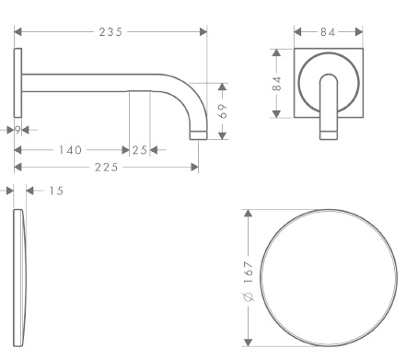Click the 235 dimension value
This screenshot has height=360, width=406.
click(x=110, y=32)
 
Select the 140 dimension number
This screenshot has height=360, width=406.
click(x=70, y=150)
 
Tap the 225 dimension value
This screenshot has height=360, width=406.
click(x=106, y=168)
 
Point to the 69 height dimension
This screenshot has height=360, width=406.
click(x=223, y=110)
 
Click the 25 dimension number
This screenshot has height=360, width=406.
click(x=140, y=150)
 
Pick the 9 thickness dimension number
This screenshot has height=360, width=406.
click(x=17, y=130)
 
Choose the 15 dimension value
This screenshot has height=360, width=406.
click(x=56, y=191)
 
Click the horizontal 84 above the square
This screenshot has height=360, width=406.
click(x=328, y=32)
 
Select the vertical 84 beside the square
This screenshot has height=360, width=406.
click(x=277, y=84)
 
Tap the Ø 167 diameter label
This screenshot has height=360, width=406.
click(x=249, y=281)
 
